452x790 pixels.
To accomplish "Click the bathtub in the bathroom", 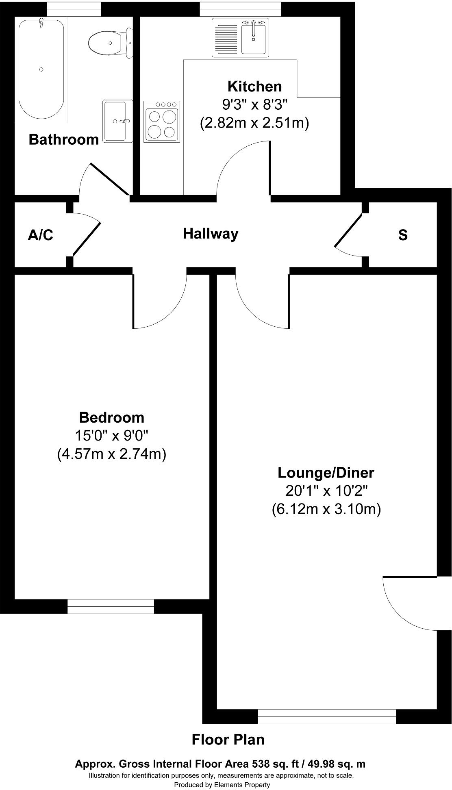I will click(x=41, y=69).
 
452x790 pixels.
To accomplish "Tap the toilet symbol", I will click(x=110, y=43).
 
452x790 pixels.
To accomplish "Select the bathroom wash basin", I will click(x=117, y=121).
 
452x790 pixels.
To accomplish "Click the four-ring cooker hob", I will click(x=162, y=121).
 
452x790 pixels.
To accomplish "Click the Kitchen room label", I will click(x=254, y=87).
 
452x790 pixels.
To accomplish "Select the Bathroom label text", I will click(x=64, y=139).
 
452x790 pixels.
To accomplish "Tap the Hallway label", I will click(x=211, y=234).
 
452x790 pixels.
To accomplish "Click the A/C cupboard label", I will click(x=40, y=235).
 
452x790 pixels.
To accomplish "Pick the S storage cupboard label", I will click(x=403, y=235).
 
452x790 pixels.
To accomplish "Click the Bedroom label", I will click(x=111, y=417).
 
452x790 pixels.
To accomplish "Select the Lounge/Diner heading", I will click(x=326, y=473).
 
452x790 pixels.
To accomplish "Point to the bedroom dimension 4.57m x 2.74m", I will click(x=111, y=454).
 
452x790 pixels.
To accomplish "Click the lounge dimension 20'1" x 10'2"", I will click(x=326, y=491).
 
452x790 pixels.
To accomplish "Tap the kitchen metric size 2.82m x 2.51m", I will click(x=254, y=123).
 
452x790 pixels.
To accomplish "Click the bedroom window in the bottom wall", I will click(x=111, y=606).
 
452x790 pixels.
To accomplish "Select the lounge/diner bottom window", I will click(x=326, y=716).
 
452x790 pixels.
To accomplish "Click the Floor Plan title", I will click(x=228, y=740).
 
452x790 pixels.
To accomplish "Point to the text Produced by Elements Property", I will click(x=222, y=785).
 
